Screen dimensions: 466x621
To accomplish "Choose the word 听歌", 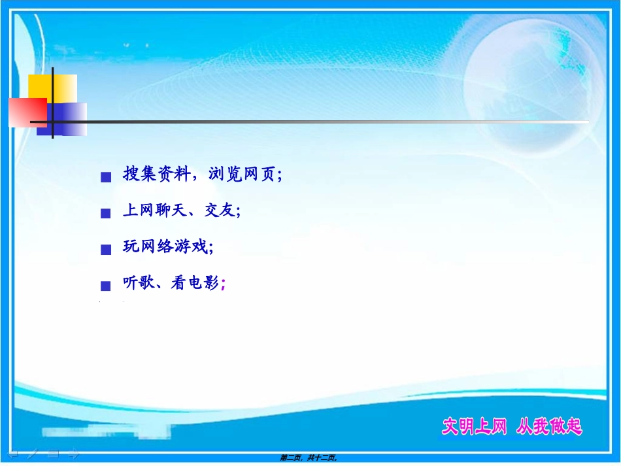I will pyautogui.click(x=139, y=283).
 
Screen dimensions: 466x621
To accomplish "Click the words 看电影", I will pyautogui.click(x=195, y=283).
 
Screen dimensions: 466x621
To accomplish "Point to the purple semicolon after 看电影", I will pyautogui.click(x=224, y=284).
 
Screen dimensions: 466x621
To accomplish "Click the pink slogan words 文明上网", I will pyautogui.click(x=474, y=427).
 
